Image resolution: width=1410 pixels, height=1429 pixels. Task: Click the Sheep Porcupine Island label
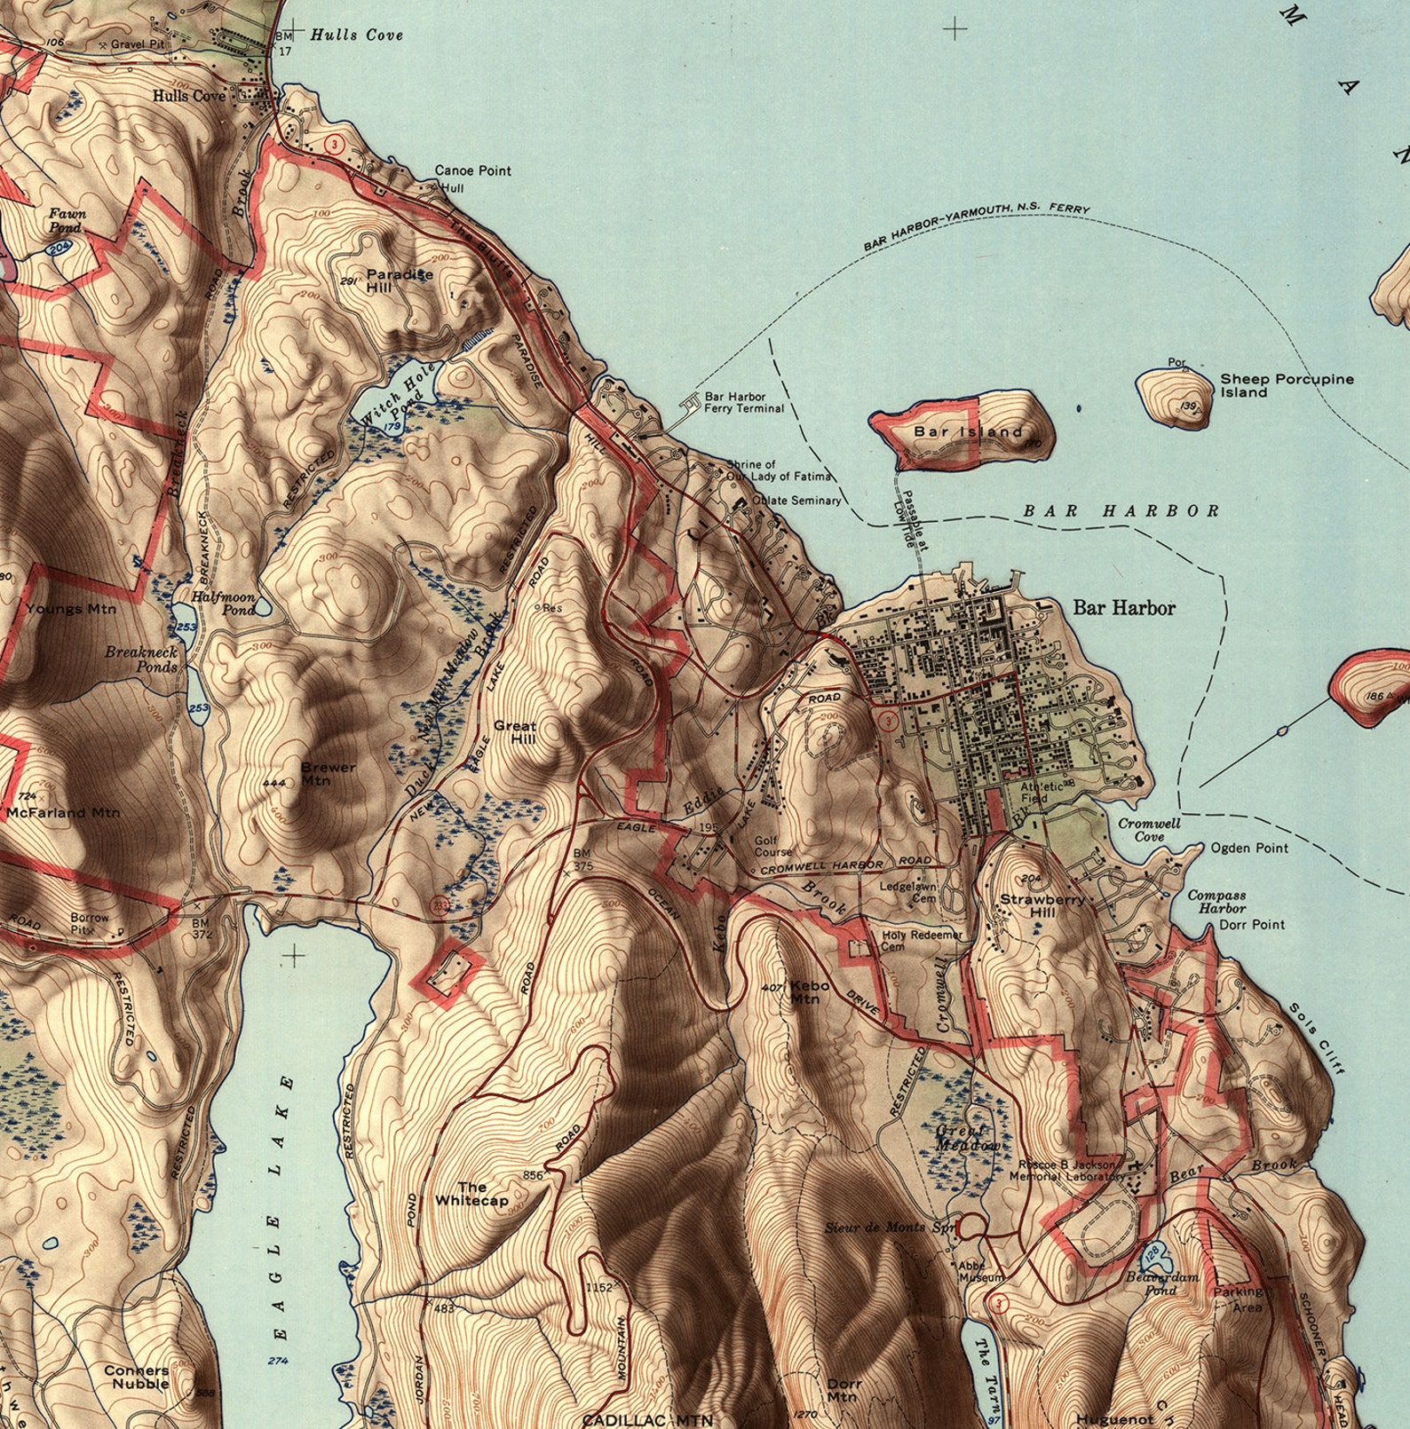pos(1286,385)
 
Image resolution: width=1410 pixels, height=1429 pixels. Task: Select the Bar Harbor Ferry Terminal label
pos(744,403)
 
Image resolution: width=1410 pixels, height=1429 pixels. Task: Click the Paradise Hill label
pos(399,280)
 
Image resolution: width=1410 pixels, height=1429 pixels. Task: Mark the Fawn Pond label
pos(66,220)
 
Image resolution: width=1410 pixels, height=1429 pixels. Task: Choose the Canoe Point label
pos(472,170)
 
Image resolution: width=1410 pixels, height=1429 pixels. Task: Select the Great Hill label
pos(515,731)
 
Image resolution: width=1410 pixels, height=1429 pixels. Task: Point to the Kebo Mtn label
pos(809,991)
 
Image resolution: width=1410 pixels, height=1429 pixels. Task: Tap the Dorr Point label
pos(1252,924)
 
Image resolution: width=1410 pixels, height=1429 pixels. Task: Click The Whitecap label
pos(471,1194)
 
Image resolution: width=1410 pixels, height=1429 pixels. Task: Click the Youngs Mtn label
pos(70,609)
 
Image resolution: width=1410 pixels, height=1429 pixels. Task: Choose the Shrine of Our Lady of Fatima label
pos(751,470)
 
